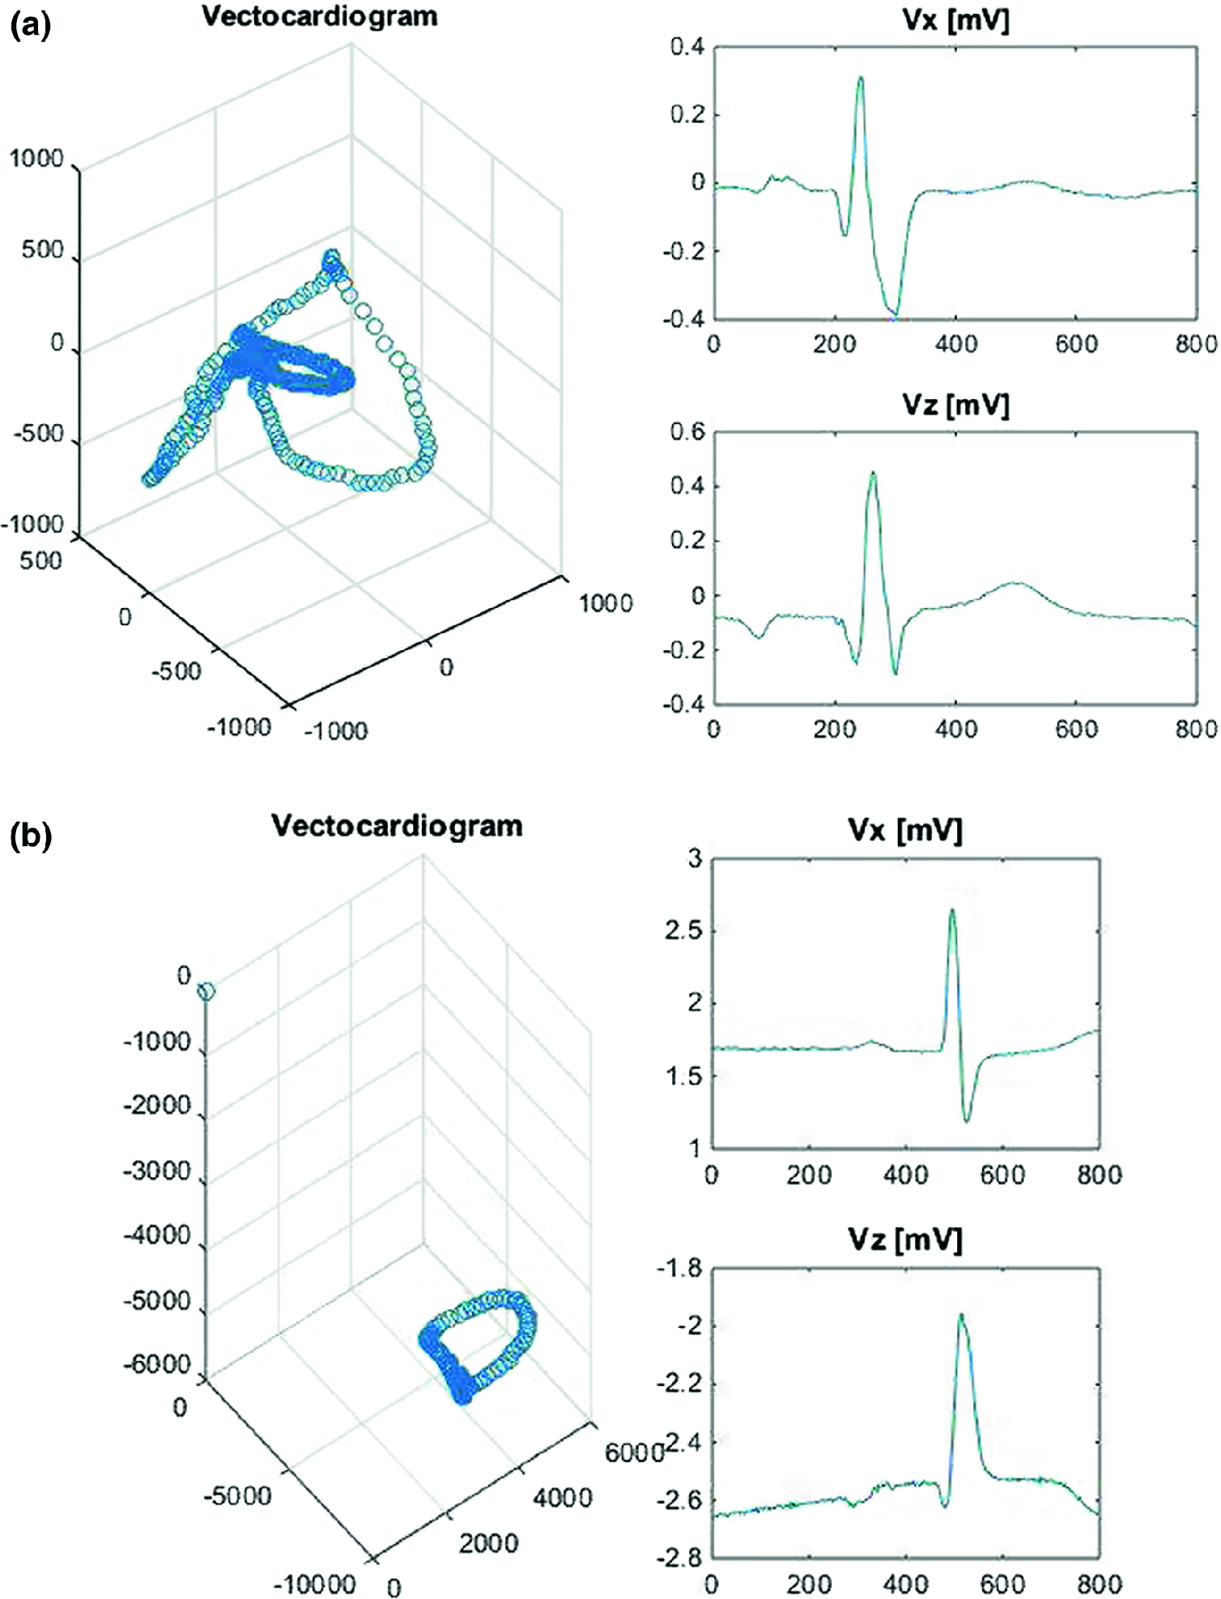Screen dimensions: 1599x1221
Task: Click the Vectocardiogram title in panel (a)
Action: click(319, 16)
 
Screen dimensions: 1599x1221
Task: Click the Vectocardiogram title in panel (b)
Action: click(397, 826)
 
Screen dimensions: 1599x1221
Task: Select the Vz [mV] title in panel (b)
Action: click(905, 1238)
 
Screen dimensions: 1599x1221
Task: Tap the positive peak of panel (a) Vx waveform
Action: click(860, 78)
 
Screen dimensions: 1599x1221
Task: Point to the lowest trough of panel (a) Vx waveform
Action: click(894, 314)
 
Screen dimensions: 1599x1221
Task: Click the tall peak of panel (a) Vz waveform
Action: click(873, 473)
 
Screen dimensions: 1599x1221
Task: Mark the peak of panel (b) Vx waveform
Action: click(952, 910)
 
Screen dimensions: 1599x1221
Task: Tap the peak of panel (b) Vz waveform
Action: click(961, 1315)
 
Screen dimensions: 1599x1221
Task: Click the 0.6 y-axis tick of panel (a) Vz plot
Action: click(687, 432)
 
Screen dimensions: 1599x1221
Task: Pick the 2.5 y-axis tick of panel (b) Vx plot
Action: click(683, 931)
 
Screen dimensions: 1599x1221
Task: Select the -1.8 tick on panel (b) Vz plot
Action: click(679, 1269)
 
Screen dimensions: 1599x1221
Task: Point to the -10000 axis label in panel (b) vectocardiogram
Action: click(314, 1583)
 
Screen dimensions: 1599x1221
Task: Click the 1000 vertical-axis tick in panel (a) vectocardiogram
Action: click(36, 159)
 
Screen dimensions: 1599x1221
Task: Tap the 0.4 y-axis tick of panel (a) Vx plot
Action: click(687, 48)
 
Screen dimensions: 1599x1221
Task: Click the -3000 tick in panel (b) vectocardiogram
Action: click(156, 1170)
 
